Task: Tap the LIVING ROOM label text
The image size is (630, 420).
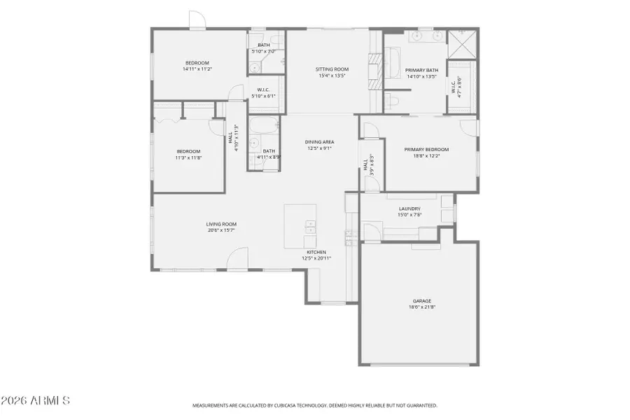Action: pos(220,224)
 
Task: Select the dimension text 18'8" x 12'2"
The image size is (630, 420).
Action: pos(426,155)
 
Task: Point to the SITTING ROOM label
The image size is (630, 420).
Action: pos(332,69)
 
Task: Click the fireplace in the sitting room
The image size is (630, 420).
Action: pos(377,70)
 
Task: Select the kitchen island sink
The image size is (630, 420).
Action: pos(309,226)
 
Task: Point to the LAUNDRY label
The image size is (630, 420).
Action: pos(409,209)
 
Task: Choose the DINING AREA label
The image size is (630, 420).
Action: pos(318,142)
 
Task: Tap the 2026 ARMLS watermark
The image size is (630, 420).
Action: pos(35,401)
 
